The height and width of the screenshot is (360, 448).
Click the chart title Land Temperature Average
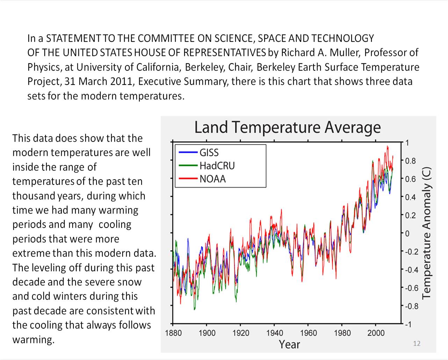[x=287, y=127]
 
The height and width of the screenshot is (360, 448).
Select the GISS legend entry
[x=209, y=152]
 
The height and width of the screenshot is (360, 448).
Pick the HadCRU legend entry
[x=217, y=166]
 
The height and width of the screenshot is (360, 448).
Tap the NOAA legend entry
[x=212, y=179]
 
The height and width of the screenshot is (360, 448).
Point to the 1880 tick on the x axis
[x=173, y=333]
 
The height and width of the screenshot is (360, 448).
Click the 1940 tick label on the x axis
[x=275, y=333]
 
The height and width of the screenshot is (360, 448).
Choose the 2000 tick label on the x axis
[x=376, y=333]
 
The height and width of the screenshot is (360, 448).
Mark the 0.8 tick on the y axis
[x=410, y=161]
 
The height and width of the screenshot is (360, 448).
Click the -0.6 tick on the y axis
[x=411, y=288]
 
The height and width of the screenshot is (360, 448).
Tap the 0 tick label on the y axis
[x=407, y=233]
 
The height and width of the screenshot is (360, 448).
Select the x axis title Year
[x=289, y=345]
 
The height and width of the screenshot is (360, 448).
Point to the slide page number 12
[x=417, y=343]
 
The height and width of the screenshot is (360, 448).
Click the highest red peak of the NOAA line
[x=387, y=146]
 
